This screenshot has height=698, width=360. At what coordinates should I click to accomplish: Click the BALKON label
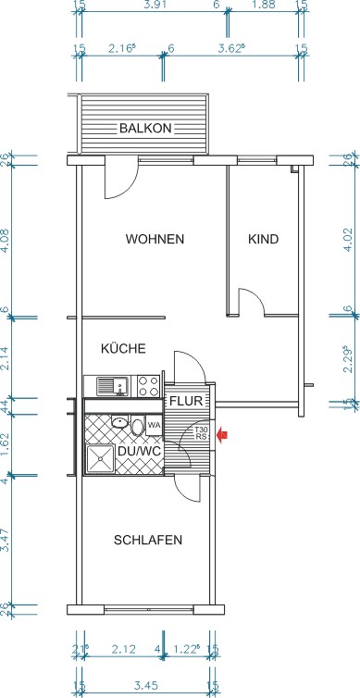pos(144,129)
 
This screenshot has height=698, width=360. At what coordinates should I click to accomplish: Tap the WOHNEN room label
pos(155,239)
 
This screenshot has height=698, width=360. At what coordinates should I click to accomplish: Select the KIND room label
pos(263,239)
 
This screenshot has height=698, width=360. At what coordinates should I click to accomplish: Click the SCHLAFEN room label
pos(147,540)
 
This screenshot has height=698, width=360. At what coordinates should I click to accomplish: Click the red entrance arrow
pos(221,433)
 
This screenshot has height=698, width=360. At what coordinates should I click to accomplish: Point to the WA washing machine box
pos(154,425)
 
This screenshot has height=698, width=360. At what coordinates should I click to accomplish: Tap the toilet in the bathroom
pos(137,427)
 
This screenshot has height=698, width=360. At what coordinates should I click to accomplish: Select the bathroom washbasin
pos(118,421)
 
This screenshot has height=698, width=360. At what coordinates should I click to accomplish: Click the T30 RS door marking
pos(201,433)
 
